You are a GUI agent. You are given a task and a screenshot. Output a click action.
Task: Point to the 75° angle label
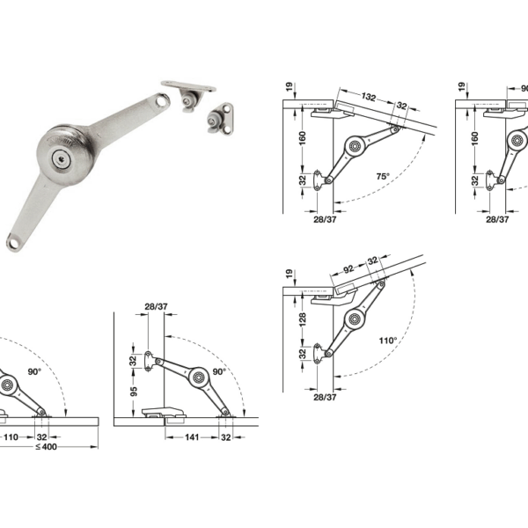pos(382,176)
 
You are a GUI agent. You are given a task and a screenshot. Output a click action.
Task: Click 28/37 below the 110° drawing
pos(325,398)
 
